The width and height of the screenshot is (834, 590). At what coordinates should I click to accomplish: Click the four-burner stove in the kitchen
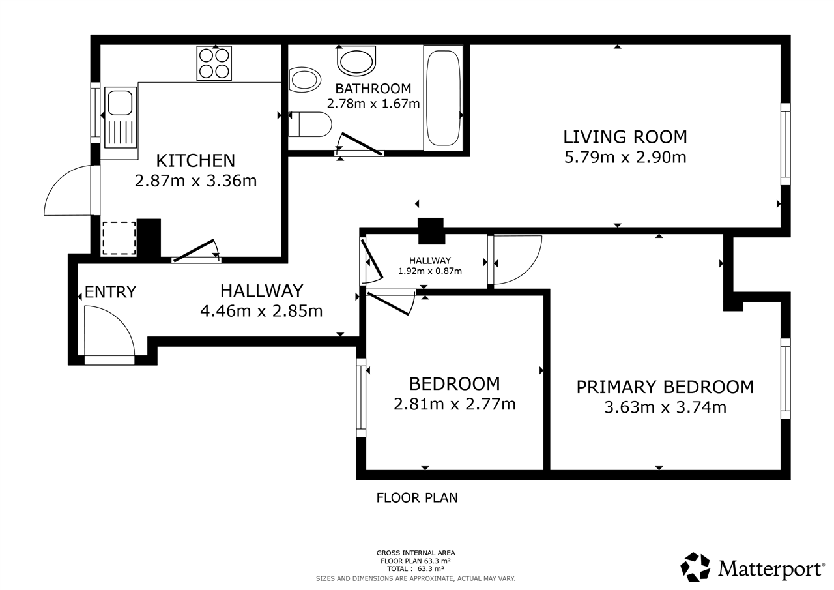coord(214,63)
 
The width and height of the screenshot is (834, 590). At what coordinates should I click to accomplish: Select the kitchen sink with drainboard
coord(119,117)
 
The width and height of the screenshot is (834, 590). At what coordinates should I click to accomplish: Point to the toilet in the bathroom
coord(309,124)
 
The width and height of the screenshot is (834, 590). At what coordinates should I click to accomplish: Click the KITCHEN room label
coord(195,160)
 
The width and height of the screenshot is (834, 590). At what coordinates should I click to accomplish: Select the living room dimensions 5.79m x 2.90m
coord(625,157)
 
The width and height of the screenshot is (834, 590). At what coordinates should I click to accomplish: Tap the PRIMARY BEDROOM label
coord(665,387)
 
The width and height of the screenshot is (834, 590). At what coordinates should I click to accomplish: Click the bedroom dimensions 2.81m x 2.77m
coord(454,404)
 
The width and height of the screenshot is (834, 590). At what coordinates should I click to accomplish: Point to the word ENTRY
coord(110,292)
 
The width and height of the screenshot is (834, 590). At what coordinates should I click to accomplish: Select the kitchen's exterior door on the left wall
coord(68,190)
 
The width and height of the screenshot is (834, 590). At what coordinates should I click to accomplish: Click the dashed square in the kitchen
coord(119,238)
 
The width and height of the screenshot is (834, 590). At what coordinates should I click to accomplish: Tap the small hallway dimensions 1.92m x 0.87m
coord(430,271)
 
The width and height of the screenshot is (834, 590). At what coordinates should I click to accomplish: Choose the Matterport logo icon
coord(697,567)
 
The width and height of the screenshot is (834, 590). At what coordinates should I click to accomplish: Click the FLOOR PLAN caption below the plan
coord(417,498)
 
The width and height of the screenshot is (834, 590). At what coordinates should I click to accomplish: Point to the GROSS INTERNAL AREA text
coord(415,553)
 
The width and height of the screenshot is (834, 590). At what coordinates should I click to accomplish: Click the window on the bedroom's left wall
coord(361,397)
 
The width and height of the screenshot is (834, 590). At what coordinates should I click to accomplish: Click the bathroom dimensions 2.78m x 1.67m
coord(373,103)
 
